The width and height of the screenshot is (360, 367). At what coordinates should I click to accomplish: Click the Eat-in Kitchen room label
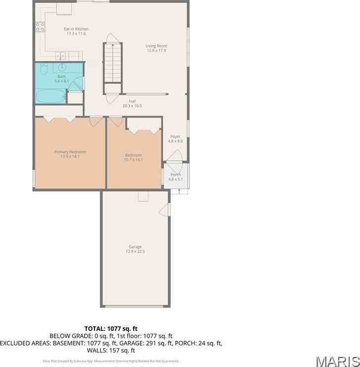point(75,29)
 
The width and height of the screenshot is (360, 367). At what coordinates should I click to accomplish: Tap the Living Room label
point(156,46)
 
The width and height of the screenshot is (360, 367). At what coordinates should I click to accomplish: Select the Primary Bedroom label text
point(70,152)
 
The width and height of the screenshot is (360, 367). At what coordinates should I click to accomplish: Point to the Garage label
point(135,247)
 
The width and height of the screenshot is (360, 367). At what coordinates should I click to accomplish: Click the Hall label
point(132,101)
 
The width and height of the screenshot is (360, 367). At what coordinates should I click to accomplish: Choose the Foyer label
point(175,136)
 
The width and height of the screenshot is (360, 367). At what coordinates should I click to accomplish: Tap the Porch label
point(175,175)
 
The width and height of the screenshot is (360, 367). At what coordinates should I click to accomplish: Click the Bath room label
point(61,76)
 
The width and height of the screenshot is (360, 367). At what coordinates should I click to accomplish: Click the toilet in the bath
point(44,69)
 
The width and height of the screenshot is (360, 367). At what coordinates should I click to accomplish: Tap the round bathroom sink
point(62,67)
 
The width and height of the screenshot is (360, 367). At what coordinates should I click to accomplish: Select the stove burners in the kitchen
point(40,28)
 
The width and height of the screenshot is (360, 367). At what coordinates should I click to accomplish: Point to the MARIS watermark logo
point(337,360)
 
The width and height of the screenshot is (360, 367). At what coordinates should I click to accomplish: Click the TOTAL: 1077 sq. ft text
point(110,328)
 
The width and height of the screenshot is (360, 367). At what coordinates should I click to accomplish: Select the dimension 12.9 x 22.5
point(135,252)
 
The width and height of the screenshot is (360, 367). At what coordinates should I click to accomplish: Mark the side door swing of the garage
point(163,210)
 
